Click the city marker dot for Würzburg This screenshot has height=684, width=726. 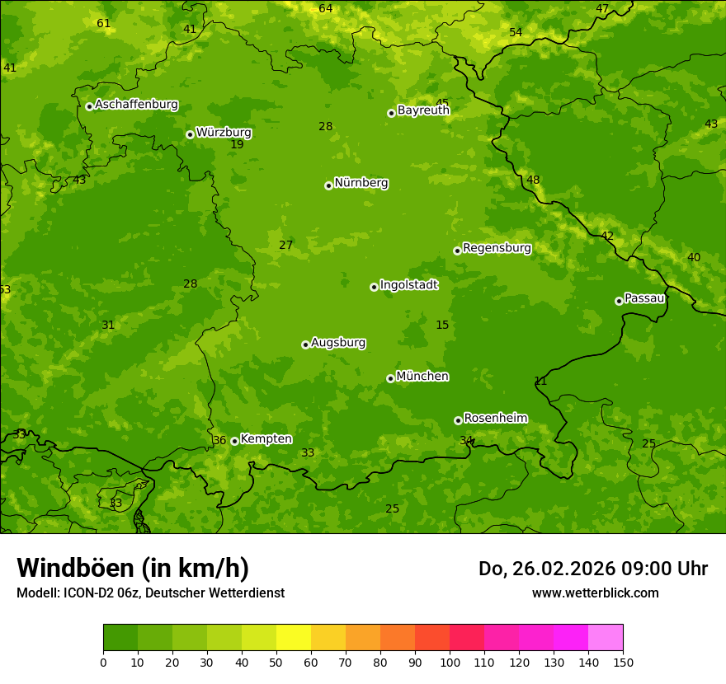(x=190, y=134)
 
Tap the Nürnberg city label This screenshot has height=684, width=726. (x=361, y=183)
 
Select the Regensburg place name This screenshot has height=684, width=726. (x=497, y=248)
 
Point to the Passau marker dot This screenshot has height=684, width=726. (x=619, y=301)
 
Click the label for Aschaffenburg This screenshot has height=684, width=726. (x=136, y=105)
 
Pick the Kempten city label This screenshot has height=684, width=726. (x=266, y=439)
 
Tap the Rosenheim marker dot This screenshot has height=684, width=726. (x=458, y=420)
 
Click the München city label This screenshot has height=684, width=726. (x=422, y=377)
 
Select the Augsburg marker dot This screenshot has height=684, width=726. (x=305, y=344)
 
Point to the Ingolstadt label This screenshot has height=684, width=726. (x=408, y=285)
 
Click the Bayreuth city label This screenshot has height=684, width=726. (x=423, y=110)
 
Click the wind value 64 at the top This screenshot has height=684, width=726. (x=326, y=8)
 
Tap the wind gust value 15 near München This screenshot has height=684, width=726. (x=442, y=326)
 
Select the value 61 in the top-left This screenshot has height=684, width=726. (x=103, y=23)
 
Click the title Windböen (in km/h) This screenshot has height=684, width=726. (x=133, y=568)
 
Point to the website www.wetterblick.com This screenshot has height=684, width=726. (x=595, y=593)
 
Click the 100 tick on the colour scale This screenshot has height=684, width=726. (x=450, y=662)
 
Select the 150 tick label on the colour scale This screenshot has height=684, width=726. (x=623, y=662)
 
